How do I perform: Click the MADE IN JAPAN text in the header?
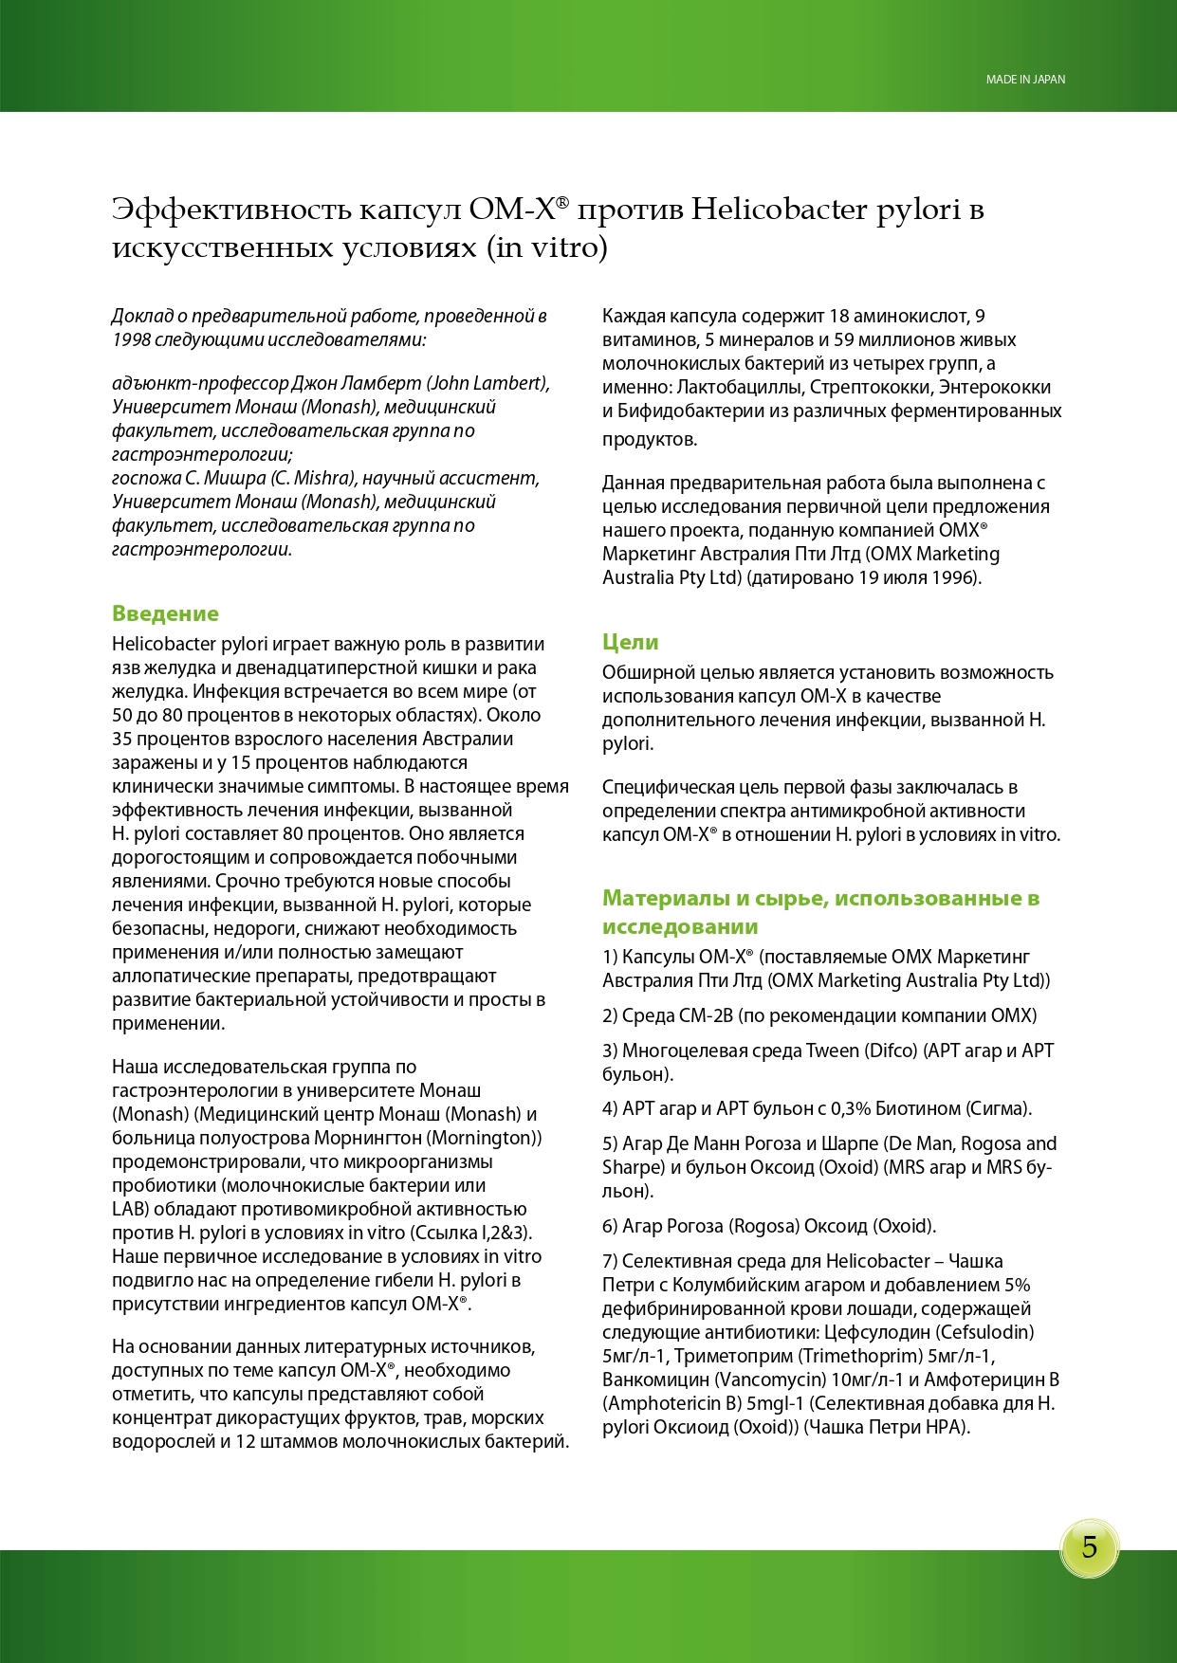click(x=1025, y=80)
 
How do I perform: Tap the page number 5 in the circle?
click(x=1089, y=1547)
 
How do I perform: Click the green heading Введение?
click(x=165, y=613)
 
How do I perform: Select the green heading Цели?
click(x=630, y=642)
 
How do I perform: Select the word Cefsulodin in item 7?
click(x=985, y=1332)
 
